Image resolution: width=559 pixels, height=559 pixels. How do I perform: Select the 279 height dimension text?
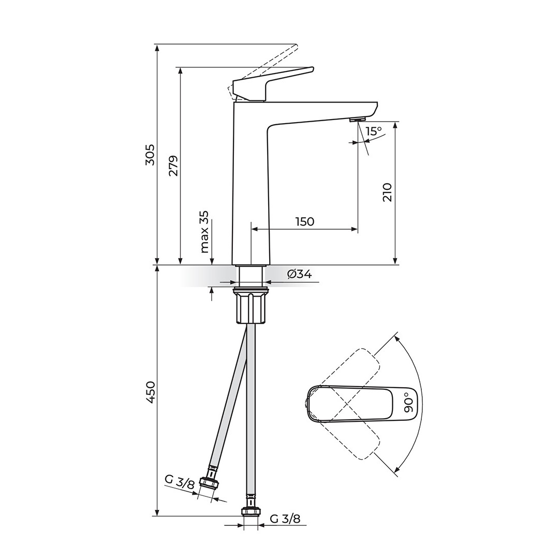point(174,166)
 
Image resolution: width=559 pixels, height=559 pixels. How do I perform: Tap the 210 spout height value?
point(387,193)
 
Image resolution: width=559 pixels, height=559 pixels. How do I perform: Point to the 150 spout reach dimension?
point(305,222)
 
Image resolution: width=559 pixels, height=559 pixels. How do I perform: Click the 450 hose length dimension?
point(151,392)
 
